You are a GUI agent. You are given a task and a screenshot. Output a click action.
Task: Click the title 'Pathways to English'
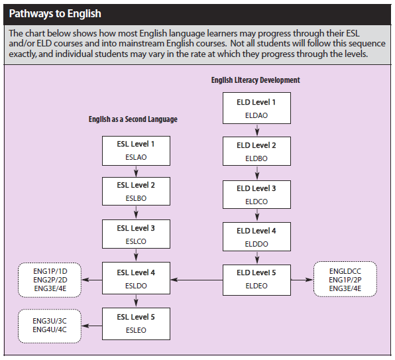55,14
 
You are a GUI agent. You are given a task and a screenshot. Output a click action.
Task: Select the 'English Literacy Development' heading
255,80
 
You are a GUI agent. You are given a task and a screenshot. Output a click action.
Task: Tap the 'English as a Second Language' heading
133,119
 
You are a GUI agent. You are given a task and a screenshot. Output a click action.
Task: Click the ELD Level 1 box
256,108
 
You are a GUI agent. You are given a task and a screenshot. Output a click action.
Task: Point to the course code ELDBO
256,158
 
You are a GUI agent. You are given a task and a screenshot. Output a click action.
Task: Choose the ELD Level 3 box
256,194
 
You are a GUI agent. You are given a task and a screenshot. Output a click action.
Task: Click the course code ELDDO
256,244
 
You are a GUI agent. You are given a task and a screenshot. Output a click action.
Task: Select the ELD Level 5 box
256,280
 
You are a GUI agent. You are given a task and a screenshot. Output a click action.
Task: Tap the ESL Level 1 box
136,151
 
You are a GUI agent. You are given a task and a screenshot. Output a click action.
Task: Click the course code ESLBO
136,198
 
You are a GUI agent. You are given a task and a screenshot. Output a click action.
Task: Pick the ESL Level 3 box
136,234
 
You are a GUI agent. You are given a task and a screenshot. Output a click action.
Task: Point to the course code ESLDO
136,286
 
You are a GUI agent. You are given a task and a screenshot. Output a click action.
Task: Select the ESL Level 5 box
136,324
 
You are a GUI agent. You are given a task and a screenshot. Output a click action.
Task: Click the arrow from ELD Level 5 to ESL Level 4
196,280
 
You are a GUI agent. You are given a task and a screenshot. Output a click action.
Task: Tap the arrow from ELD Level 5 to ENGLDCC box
302,280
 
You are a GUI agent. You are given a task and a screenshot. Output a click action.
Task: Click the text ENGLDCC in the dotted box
345,271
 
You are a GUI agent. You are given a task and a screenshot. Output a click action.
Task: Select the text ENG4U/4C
50,330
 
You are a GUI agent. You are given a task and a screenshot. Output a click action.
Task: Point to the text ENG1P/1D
50,271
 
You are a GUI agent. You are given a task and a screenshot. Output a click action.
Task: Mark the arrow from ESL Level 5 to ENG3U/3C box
92,326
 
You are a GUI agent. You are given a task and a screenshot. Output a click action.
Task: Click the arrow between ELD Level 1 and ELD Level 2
256,130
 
